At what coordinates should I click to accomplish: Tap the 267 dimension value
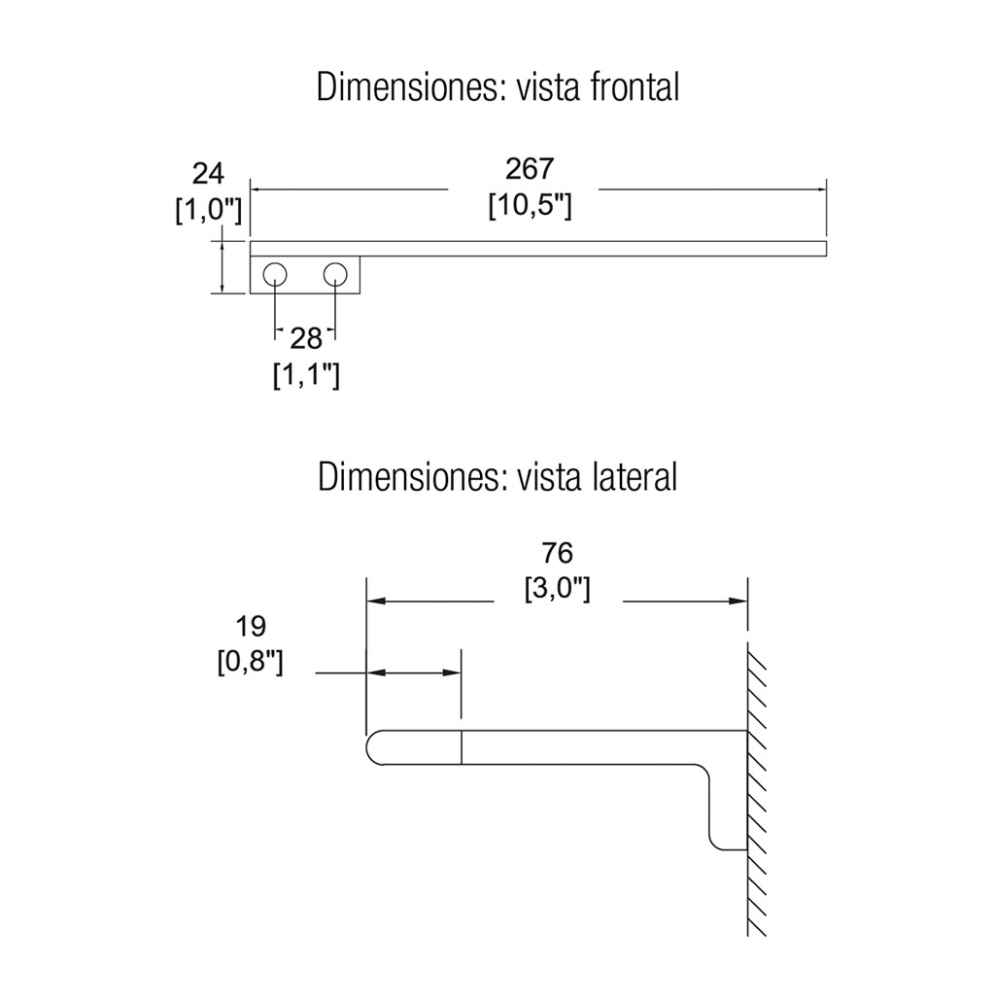[530, 169]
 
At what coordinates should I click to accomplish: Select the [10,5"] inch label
[530, 206]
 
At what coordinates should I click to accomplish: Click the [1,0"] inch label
[208, 210]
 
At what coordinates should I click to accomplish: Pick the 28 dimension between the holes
[306, 337]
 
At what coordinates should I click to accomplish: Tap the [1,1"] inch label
[306, 374]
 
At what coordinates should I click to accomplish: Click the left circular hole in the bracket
[275, 274]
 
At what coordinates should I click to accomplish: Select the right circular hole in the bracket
[336, 274]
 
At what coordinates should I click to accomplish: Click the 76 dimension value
[557, 553]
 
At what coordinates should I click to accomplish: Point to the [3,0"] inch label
[557, 589]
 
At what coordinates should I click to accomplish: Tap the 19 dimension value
[250, 625]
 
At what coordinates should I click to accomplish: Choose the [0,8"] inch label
[250, 662]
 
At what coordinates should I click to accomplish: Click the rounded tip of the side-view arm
[375, 747]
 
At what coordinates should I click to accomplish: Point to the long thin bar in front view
[538, 248]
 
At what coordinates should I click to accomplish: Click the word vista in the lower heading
[551, 477]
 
